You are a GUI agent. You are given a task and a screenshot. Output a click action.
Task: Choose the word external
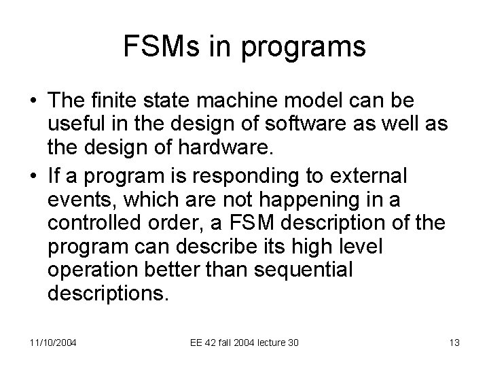[369, 175]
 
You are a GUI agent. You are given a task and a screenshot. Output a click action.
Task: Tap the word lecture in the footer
[259, 343]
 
